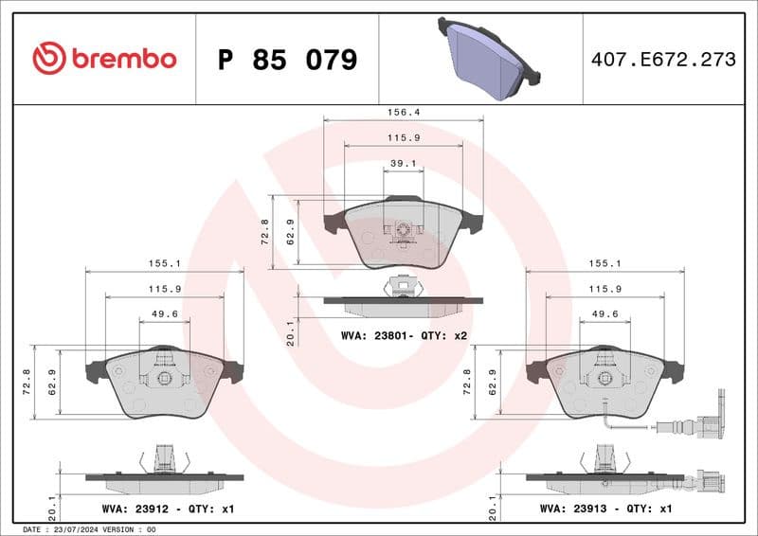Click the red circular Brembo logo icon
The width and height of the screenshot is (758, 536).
(x=49, y=59)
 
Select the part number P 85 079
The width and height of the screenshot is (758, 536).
(x=287, y=60)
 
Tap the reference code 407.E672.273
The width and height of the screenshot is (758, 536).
(x=662, y=60)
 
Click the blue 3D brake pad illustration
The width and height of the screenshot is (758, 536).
(x=485, y=57)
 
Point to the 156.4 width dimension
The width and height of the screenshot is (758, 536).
(x=403, y=111)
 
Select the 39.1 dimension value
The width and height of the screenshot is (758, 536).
(x=403, y=163)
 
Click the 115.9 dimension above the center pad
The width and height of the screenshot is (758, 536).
(x=403, y=137)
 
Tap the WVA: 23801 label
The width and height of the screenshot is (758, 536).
(x=376, y=336)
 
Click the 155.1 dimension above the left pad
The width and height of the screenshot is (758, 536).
(x=164, y=264)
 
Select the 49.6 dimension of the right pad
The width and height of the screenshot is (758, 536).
(x=605, y=313)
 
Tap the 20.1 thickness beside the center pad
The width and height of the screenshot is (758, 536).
(x=291, y=332)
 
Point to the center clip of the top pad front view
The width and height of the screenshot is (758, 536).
(x=403, y=230)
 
